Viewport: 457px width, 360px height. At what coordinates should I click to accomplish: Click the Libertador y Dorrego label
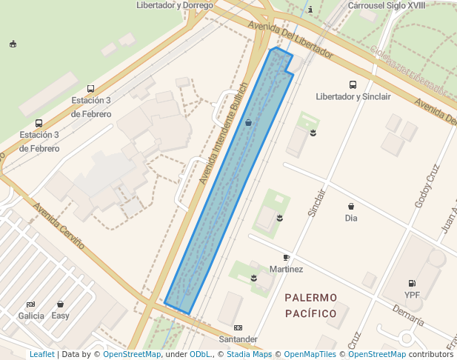[175, 5]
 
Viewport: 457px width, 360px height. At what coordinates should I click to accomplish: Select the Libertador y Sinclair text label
[353, 97]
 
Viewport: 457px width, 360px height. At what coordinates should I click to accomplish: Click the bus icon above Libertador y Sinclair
[353, 85]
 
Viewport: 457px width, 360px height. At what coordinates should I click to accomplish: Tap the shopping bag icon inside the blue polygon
[248, 122]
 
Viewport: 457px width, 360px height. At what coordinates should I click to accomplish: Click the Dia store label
[351, 218]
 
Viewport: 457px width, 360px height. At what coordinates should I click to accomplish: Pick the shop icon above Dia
[351, 206]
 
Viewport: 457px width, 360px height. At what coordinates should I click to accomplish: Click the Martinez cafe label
[287, 269]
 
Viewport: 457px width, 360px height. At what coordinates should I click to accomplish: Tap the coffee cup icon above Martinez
[287, 257]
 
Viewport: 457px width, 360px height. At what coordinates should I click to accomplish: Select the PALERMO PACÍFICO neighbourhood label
[311, 305]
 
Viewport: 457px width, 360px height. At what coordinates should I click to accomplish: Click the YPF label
[412, 295]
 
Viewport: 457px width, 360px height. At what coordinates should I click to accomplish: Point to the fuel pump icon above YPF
[412, 283]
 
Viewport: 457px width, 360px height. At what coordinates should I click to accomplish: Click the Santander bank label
[238, 339]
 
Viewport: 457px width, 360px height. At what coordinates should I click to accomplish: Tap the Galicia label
[31, 316]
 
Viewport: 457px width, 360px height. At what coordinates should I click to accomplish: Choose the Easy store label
[60, 316]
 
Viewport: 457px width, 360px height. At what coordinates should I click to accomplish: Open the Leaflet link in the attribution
[42, 355]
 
